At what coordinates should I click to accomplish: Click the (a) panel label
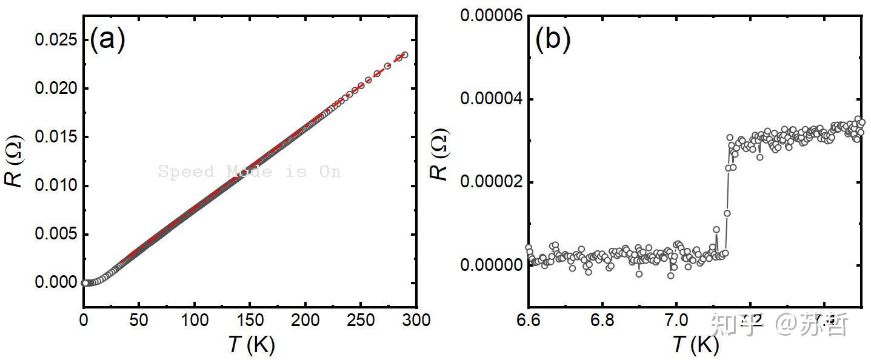tap(107, 41)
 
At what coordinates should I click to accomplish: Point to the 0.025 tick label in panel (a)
tap(56, 40)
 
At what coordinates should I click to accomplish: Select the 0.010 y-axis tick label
tap(56, 185)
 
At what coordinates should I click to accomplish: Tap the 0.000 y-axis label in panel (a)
tap(56, 283)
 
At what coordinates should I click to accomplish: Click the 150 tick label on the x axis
tap(250, 319)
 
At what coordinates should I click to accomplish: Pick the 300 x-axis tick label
tap(416, 319)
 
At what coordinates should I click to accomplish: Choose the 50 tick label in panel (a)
tap(139, 319)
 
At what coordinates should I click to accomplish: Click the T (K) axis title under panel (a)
tap(251, 345)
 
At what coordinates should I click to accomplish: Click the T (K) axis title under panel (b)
tap(695, 345)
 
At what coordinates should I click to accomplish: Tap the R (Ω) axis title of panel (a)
tap(17, 162)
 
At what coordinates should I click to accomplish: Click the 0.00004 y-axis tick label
tap(492, 99)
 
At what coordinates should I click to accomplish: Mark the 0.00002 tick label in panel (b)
tap(492, 182)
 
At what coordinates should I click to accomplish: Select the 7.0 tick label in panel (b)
tap(676, 319)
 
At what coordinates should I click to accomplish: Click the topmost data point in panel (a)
tap(404, 55)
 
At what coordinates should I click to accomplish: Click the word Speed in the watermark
tap(186, 172)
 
